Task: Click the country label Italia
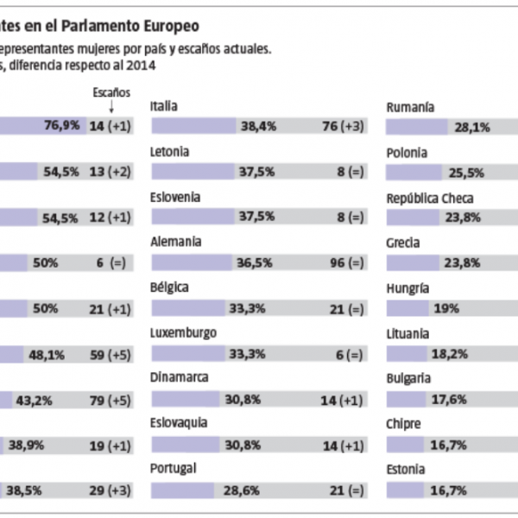[x=164, y=106]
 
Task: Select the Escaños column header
[x=111, y=91]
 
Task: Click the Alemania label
[x=175, y=243]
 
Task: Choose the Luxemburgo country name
[x=183, y=333]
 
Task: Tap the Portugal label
[x=174, y=468]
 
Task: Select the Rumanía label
[x=410, y=107]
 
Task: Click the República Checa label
[x=430, y=199]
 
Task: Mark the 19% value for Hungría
[x=446, y=308]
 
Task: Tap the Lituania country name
[x=408, y=333]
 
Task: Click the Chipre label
[x=404, y=424]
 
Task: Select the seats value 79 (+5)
[x=109, y=400]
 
